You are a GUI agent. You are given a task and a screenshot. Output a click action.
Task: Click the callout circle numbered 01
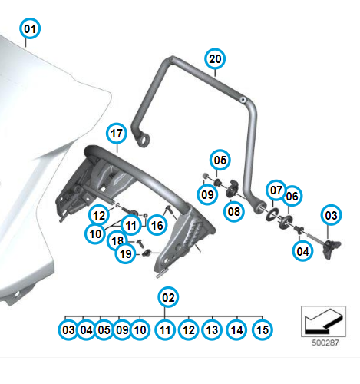[x=30, y=28]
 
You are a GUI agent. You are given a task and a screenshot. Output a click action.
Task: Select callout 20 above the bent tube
[x=215, y=58]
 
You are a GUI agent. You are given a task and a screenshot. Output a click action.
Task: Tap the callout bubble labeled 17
[x=117, y=134]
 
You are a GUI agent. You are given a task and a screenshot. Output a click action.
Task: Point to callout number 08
[x=234, y=211]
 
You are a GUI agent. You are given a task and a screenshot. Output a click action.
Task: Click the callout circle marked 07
[x=276, y=190]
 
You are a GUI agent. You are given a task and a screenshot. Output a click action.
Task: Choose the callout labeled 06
[x=292, y=196]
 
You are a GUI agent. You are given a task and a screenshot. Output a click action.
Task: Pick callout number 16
[x=157, y=225]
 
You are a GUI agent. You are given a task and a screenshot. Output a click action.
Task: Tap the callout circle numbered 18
[x=117, y=240]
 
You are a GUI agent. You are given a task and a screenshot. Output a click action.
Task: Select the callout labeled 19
[x=125, y=254]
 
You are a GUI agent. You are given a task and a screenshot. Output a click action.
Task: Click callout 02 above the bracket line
[x=168, y=297]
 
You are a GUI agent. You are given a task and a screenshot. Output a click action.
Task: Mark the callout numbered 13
[x=212, y=329]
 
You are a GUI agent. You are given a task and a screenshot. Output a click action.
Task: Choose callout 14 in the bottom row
[x=236, y=329]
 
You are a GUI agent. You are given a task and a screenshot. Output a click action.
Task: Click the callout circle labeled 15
[x=263, y=329]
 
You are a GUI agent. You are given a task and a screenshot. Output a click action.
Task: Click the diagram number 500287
[x=325, y=343]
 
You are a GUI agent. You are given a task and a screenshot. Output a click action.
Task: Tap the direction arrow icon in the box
[x=323, y=321]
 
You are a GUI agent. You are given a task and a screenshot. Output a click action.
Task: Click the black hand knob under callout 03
[x=332, y=249]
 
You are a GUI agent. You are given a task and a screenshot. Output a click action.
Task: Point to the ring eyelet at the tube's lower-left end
[x=144, y=140]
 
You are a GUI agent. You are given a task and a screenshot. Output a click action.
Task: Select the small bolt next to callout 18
[x=140, y=243]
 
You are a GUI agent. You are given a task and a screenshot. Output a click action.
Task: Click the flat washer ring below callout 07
[x=272, y=214]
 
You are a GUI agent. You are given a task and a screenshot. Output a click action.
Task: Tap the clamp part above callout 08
[x=233, y=188]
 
